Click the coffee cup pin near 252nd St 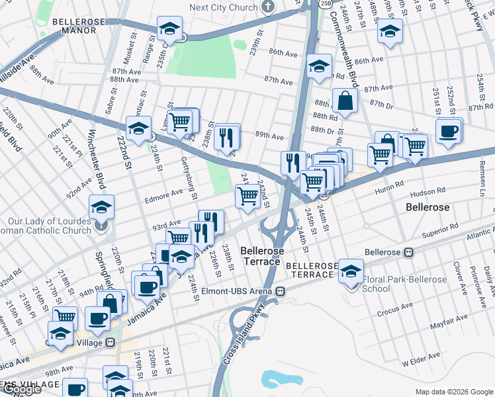coord(449,130)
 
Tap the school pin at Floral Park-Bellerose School coord(351,271)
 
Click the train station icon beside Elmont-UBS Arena coord(281,290)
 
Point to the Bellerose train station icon coord(409,253)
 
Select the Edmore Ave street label coord(167,193)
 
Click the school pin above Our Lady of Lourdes coord(101,208)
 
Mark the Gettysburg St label coord(189,178)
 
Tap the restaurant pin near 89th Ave coord(227,136)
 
